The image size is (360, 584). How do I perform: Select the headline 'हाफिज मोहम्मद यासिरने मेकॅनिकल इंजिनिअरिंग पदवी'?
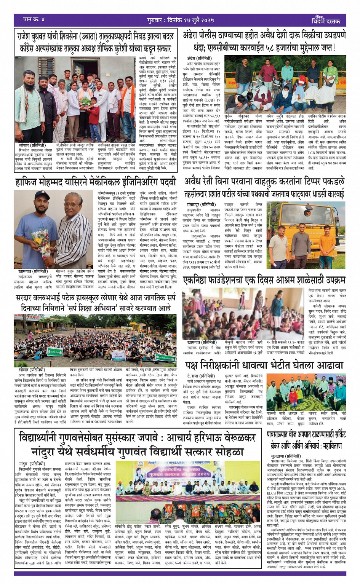click(x=96, y=182)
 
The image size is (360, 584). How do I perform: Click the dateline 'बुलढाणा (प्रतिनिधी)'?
click(x=286, y=456)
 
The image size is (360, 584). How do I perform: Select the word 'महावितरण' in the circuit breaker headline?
click(x=328, y=445)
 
